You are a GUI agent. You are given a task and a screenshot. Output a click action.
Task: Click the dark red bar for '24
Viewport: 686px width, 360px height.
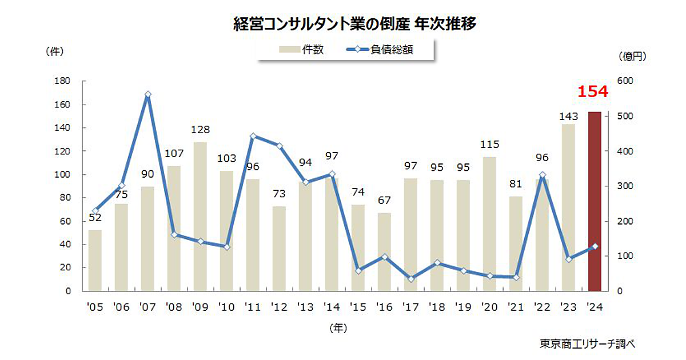pos(595,201)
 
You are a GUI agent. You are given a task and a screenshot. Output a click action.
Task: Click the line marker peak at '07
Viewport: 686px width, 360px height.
pos(147,95)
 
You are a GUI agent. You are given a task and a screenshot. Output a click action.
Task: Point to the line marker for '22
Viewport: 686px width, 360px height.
pos(542,175)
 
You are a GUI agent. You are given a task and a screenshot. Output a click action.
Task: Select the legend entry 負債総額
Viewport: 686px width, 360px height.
pos(380,50)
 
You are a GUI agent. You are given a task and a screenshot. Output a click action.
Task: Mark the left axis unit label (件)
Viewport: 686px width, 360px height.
pos(54,50)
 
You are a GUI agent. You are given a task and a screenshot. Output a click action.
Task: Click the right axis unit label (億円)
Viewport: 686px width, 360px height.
pos(632,56)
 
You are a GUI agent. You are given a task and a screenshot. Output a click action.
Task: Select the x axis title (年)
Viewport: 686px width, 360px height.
pos(338,328)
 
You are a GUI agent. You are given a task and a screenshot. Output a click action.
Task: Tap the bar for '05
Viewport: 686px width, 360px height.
pos(95,260)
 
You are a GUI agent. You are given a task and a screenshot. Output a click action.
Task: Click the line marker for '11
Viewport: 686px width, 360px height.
pos(253,137)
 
